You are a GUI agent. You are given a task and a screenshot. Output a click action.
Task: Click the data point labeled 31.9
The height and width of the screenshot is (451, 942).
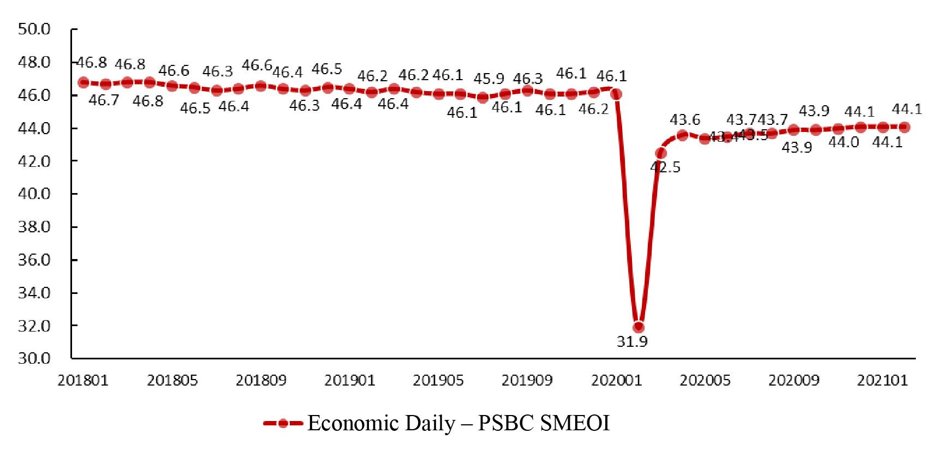pyautogui.click(x=639, y=327)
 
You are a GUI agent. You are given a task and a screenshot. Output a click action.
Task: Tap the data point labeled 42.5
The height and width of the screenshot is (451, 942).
pyautogui.click(x=661, y=153)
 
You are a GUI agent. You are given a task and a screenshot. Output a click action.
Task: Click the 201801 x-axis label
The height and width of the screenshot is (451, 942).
pyautogui.click(x=84, y=381)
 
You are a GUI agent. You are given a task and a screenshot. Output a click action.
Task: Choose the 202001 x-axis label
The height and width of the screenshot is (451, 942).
pyautogui.click(x=616, y=381)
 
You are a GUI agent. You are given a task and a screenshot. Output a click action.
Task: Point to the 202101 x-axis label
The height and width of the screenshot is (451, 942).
pyautogui.click(x=883, y=381)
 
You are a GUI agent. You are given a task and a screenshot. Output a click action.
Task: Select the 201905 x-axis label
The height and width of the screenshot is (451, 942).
pyautogui.click(x=439, y=381)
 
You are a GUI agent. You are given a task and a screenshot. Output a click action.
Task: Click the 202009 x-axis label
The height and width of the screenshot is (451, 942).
pyautogui.click(x=794, y=381)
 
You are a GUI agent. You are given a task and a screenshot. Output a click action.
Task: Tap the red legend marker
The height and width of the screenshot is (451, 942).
pyautogui.click(x=282, y=424)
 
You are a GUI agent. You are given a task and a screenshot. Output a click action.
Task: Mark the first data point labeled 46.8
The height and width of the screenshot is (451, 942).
pyautogui.click(x=84, y=82)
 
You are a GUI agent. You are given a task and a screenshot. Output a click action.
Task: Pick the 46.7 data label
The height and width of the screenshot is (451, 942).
pyautogui.click(x=104, y=100)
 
